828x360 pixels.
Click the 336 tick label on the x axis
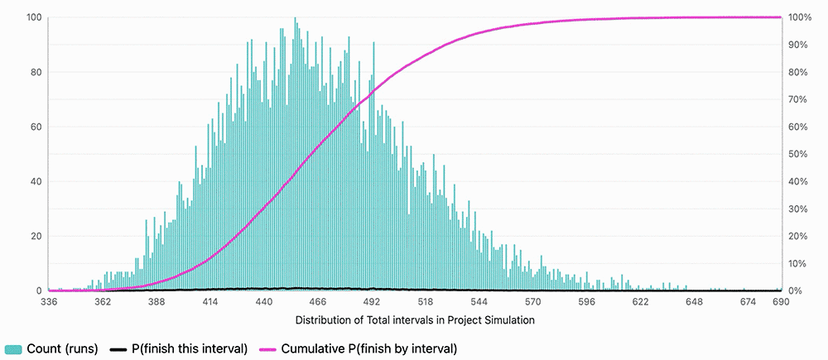[x=49, y=303]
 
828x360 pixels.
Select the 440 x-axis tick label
[x=264, y=303]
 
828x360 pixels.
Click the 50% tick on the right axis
[x=800, y=154]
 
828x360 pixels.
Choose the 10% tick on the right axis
[x=800, y=263]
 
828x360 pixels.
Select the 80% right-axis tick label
[x=800, y=72]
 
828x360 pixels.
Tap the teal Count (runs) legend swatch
[x=14, y=348]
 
